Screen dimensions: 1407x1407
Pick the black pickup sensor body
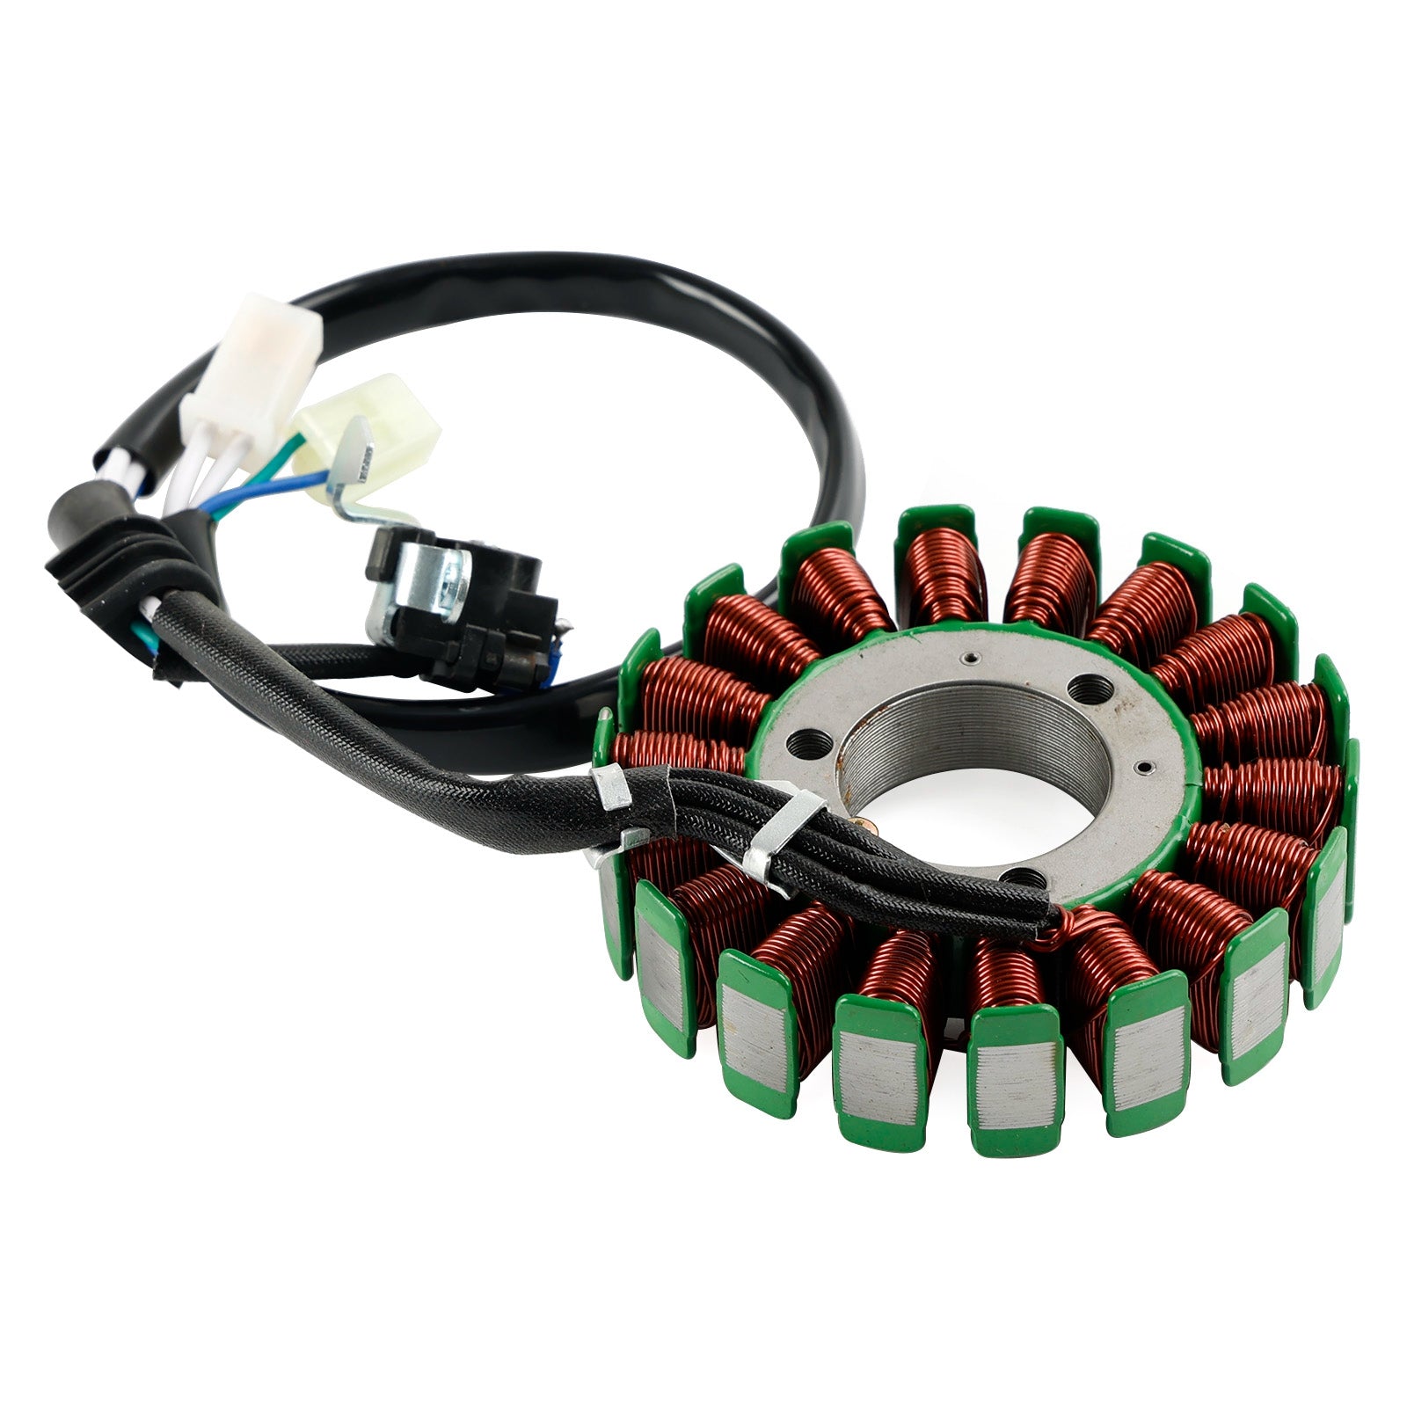(x=492, y=624)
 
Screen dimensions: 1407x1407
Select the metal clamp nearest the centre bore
(x=783, y=831)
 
